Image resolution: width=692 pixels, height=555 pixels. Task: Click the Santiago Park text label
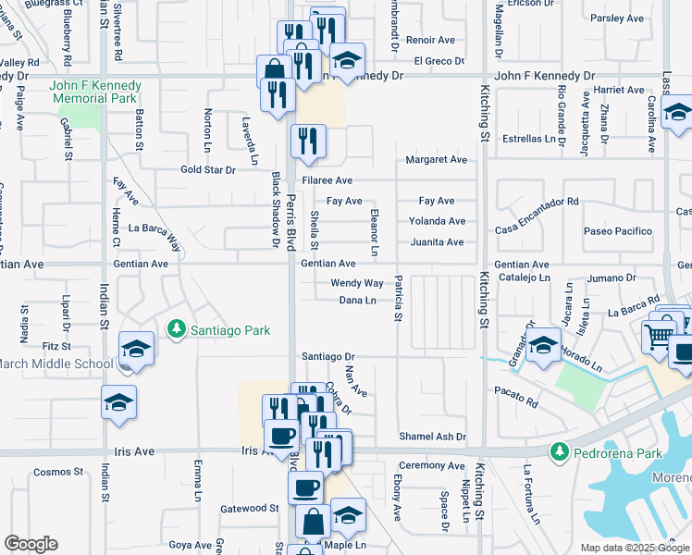pyautogui.click(x=230, y=328)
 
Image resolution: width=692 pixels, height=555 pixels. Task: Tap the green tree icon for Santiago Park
pyautogui.click(x=175, y=328)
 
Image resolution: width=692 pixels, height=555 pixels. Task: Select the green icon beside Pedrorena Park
pyautogui.click(x=558, y=452)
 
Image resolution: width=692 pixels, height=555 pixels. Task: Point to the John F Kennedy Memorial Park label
pyautogui.click(x=94, y=92)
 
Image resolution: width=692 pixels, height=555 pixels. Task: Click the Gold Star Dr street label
pyautogui.click(x=208, y=170)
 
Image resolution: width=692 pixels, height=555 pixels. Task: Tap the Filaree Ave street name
pyautogui.click(x=327, y=180)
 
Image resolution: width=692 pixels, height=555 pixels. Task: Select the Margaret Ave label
pyautogui.click(x=436, y=160)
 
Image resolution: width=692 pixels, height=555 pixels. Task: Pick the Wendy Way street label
pyautogui.click(x=357, y=283)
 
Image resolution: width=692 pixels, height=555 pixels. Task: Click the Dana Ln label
pyautogui.click(x=357, y=301)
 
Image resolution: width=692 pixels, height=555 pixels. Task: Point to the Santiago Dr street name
pyautogui.click(x=327, y=356)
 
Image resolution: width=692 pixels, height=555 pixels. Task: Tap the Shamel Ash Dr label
pyautogui.click(x=432, y=437)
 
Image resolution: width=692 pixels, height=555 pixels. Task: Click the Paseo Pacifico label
pyautogui.click(x=617, y=231)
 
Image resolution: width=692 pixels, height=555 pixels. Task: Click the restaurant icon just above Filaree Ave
pyautogui.click(x=307, y=142)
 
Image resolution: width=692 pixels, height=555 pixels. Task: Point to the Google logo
pyautogui.click(x=31, y=544)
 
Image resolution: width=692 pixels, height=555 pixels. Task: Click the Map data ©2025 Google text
pyautogui.click(x=634, y=548)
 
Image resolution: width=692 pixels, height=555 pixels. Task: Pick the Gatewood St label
pyautogui.click(x=249, y=509)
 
